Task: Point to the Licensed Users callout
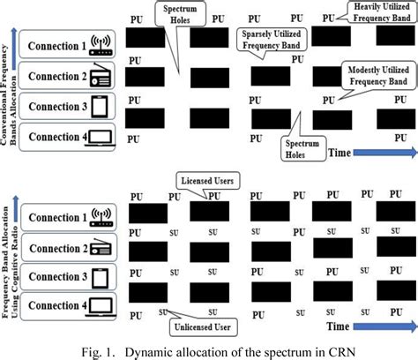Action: (210, 180)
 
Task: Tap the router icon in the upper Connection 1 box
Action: (100, 47)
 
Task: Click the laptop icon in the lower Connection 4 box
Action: (101, 305)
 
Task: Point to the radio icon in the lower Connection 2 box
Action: (100, 249)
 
